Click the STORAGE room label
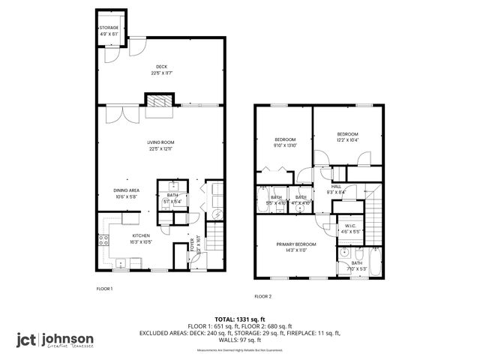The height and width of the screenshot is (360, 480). click(x=110, y=28)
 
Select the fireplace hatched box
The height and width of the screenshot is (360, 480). click(x=159, y=103)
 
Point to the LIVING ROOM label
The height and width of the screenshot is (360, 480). click(x=160, y=142)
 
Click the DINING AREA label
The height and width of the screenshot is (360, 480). click(x=126, y=190)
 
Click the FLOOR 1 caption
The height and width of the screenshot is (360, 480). click(x=104, y=288)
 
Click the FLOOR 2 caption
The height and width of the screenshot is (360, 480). click(x=262, y=296)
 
